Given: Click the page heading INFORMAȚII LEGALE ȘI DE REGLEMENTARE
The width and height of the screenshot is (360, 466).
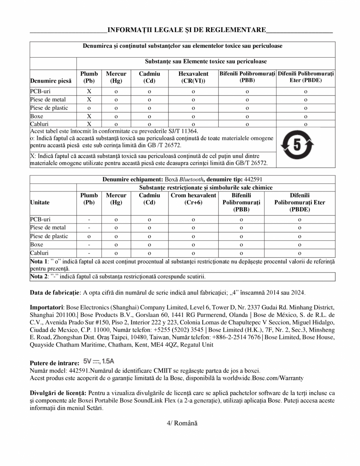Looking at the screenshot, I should coord(186,30).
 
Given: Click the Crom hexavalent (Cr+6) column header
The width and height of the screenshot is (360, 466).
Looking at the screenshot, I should coord(193,199).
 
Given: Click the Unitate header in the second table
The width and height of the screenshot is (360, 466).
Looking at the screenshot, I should coord(40,202).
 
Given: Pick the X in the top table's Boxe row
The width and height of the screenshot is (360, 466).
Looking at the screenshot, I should coord(89,116).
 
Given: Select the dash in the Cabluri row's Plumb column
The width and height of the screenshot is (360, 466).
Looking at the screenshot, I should coord(89,253).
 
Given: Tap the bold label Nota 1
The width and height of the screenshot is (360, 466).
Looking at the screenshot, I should coord(39,261).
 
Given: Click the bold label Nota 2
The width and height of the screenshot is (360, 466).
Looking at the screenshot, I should coord(39,276).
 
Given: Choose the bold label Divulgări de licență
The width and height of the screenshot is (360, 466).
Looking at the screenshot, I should coord(58,392).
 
